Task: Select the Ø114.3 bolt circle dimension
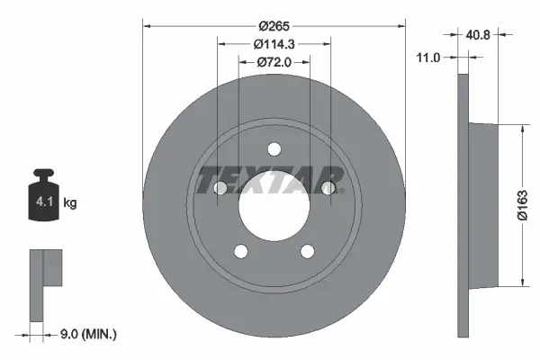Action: [274, 45]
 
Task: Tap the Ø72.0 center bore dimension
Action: [274, 62]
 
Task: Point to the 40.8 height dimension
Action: [478, 37]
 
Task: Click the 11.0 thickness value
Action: [429, 58]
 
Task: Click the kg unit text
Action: [70, 203]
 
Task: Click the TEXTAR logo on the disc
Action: [271, 177]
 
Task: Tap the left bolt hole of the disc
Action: [220, 187]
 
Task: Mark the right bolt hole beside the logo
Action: [328, 187]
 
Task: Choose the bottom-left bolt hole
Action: [241, 251]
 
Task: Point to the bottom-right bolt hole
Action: [308, 251]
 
